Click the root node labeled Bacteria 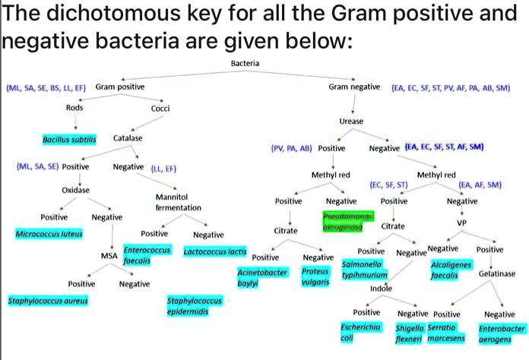click(x=245, y=62)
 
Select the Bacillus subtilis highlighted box click(x=69, y=140)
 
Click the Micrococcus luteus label click(x=49, y=234)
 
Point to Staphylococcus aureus click(x=48, y=301)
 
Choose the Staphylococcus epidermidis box click(x=194, y=307)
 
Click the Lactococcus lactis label click(x=215, y=250)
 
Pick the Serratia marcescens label click(x=446, y=333)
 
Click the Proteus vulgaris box click(x=315, y=276)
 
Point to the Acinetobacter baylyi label click(x=262, y=276)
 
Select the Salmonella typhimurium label click(x=365, y=269)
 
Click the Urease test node click(x=351, y=121)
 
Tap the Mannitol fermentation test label click(x=178, y=202)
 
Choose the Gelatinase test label click(x=497, y=273)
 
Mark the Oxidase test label click(x=76, y=189)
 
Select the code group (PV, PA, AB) click(x=292, y=148)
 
